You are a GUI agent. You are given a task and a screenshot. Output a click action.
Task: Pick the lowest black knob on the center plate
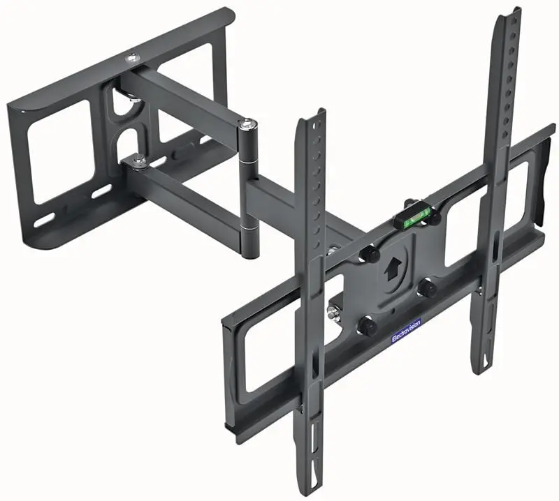[364, 325]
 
